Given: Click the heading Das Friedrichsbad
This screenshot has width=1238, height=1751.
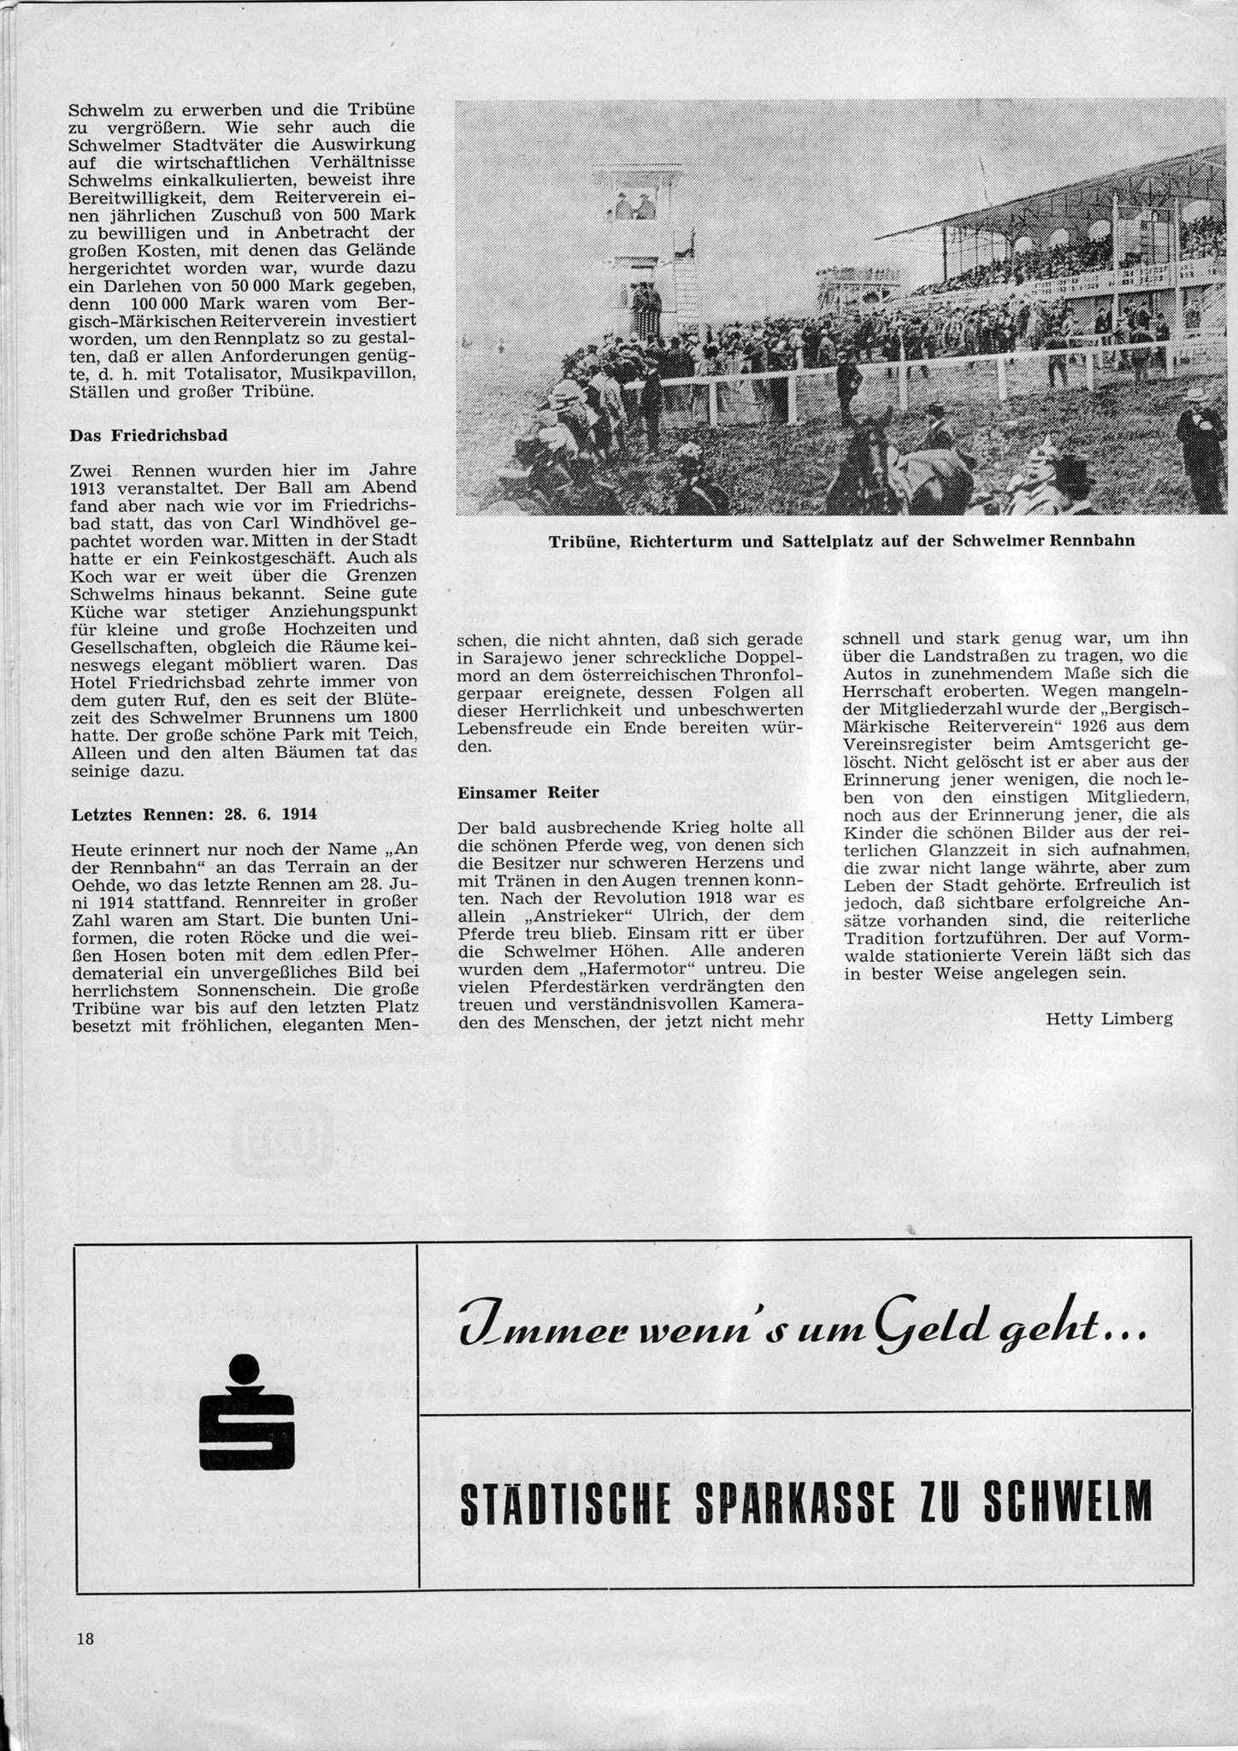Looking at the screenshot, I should tap(148, 434).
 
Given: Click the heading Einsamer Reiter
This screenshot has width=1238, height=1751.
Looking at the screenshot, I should tap(528, 793).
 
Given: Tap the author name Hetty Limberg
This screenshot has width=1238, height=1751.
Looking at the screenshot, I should tap(1109, 1018).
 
